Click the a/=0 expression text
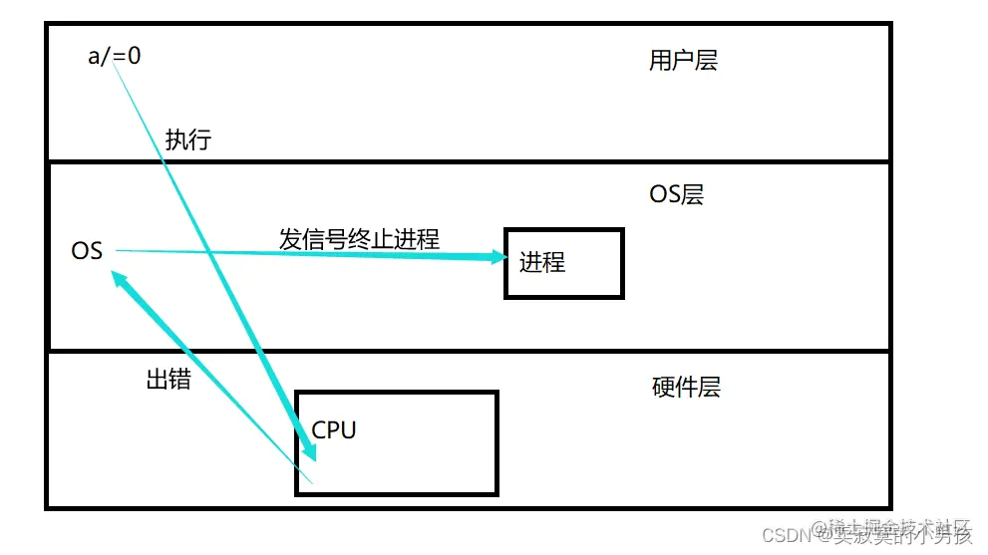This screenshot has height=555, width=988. [115, 56]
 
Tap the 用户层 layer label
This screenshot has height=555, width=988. [683, 61]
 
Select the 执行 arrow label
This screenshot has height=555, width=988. [188, 139]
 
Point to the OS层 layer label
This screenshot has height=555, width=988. [676, 194]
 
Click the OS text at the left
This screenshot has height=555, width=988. [87, 251]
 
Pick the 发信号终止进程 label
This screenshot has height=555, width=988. [359, 239]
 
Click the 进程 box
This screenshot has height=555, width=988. [564, 263]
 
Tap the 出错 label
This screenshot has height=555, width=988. [168, 379]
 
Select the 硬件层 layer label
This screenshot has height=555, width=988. [686, 388]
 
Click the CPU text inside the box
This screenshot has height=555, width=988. [334, 429]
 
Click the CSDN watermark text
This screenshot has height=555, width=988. [784, 535]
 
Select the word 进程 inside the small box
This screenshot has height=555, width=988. [542, 263]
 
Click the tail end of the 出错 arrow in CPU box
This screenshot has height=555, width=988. [311, 483]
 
